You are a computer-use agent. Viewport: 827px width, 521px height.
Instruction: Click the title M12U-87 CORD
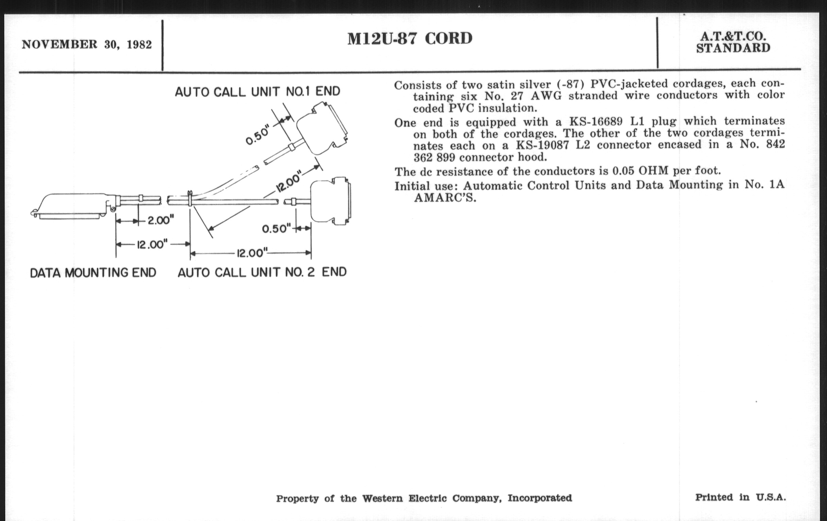click(x=410, y=38)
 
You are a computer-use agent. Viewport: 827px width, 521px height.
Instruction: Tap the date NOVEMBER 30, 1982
click(x=87, y=45)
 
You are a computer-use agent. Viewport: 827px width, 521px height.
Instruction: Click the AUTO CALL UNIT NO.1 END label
click(x=257, y=92)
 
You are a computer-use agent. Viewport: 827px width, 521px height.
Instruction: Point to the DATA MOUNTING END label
click(x=93, y=273)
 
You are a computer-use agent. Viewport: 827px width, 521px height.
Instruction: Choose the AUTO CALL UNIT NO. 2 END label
click(x=262, y=272)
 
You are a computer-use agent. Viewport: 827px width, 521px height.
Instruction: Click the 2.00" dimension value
click(x=161, y=220)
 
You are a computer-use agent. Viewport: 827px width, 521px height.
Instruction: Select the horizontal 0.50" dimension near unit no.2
click(x=276, y=229)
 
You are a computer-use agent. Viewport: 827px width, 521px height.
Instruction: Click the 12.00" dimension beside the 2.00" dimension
click(x=152, y=244)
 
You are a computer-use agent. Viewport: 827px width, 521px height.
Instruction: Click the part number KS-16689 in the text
click(x=596, y=122)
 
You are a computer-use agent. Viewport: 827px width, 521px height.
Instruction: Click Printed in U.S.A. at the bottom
click(x=740, y=497)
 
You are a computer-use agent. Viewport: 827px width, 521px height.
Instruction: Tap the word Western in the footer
click(x=382, y=498)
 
